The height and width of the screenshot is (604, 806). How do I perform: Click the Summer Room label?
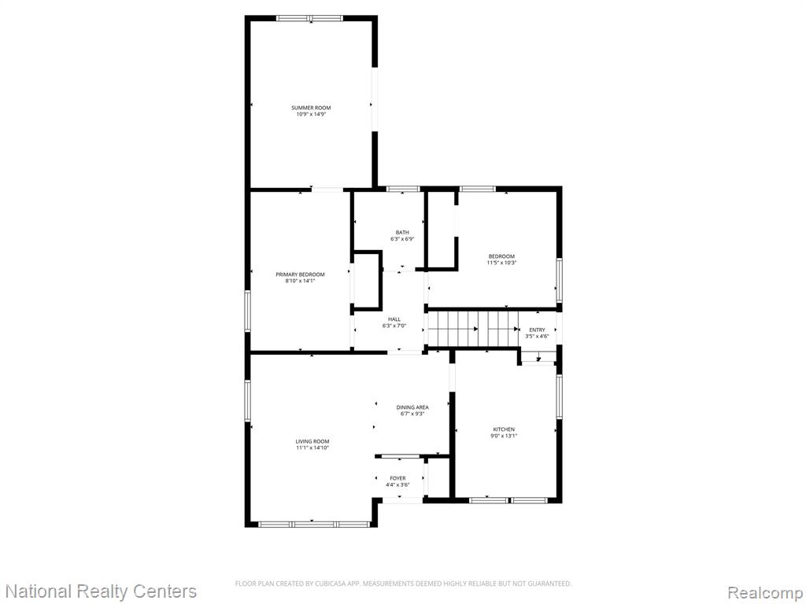click(311, 108)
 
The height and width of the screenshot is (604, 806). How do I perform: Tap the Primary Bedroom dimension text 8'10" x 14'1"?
click(300, 281)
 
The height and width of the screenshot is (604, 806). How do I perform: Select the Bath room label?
click(402, 233)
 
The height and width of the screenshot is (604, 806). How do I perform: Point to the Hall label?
click(394, 319)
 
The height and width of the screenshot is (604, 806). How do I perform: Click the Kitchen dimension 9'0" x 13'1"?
click(504, 436)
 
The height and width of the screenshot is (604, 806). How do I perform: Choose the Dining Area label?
click(412, 407)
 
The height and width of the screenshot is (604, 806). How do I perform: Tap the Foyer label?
click(397, 478)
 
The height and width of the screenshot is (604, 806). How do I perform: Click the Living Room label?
click(312, 441)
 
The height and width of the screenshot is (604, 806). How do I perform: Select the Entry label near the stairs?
click(537, 330)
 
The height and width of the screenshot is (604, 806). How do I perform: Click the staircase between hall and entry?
click(473, 329)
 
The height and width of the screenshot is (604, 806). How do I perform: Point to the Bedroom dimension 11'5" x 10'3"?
click(501, 263)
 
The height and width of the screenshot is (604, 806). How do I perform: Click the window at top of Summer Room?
click(309, 19)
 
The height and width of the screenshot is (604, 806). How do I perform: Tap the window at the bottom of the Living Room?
click(314, 525)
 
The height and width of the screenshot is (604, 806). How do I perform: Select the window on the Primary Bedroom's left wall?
click(247, 311)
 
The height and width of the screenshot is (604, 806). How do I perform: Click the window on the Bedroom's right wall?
click(560, 281)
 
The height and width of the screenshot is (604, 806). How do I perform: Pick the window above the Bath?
click(403, 189)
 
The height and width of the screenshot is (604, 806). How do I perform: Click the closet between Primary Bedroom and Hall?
click(367, 281)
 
